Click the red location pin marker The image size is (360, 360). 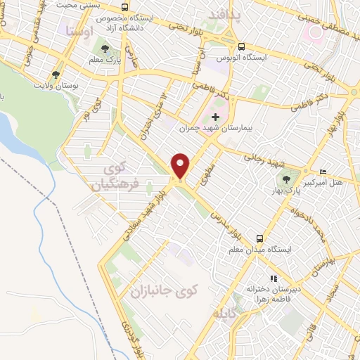(x=181, y=165)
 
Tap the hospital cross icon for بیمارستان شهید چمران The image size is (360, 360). (x=216, y=117)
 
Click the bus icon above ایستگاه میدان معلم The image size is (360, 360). (x=259, y=238)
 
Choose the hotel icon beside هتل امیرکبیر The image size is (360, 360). (x=323, y=172)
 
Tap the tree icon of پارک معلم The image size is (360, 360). (x=105, y=49)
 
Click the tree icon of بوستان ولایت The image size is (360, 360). (x=56, y=73)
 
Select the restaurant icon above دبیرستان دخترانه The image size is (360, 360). (x=274, y=278)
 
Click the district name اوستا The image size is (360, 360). (x=78, y=31)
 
